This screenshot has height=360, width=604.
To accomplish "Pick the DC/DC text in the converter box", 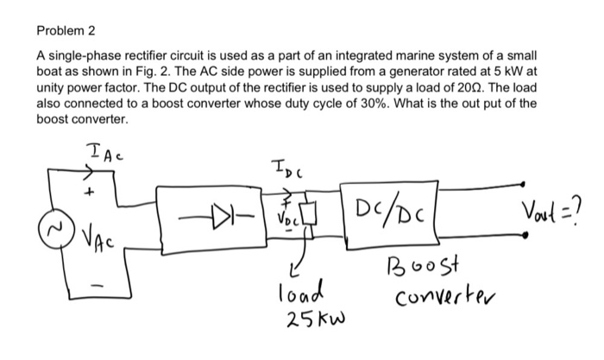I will click(398, 209).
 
